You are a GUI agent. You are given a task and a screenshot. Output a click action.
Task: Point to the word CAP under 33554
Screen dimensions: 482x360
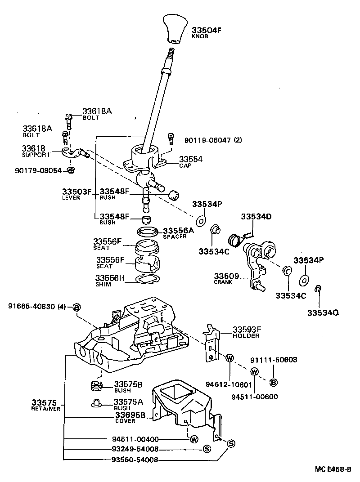(x=184, y=165)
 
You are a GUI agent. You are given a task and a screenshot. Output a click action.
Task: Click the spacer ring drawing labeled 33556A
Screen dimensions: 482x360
(x=147, y=232)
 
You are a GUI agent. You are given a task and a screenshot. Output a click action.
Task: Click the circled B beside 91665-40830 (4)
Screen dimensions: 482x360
(x=76, y=307)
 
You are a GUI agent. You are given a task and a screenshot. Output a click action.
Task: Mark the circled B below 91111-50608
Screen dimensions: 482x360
(x=272, y=383)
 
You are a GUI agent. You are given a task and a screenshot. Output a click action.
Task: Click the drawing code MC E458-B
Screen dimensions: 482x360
(x=333, y=469)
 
